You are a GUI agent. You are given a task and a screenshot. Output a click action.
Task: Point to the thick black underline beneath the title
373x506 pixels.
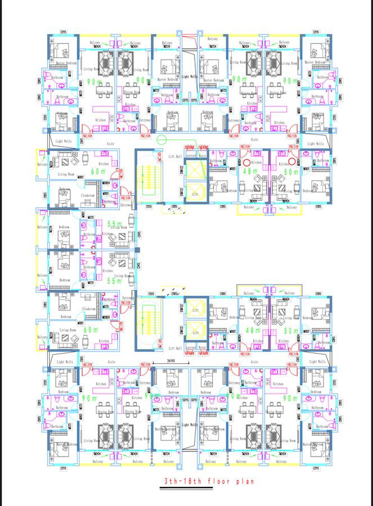[x=206, y=488]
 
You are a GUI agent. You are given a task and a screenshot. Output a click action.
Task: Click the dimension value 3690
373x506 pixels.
[x=173, y=362]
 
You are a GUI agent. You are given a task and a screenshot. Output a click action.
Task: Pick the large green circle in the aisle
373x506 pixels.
[x=163, y=140]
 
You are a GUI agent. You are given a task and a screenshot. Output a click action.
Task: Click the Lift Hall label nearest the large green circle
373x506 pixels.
[x=175, y=157]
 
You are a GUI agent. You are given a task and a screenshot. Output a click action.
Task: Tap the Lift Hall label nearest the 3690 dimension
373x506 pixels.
[x=175, y=348]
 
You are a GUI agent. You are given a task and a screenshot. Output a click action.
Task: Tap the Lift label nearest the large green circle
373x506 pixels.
[x=195, y=193]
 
